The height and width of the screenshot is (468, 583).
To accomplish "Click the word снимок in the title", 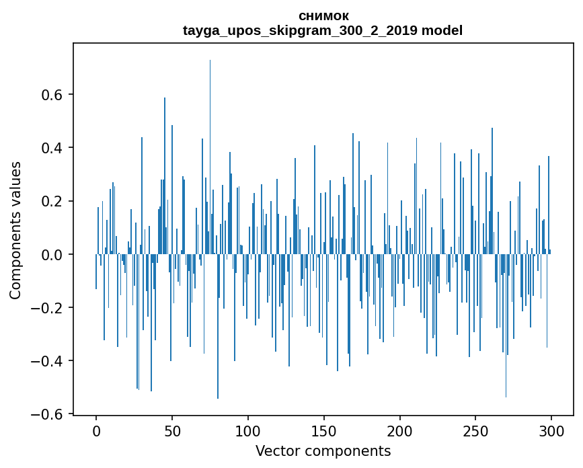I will [x=323, y=15].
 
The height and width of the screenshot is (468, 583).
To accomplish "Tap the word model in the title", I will [x=442, y=30].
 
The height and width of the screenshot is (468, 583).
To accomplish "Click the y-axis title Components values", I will [x=15, y=230].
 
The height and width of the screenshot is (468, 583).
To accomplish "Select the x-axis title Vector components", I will [x=323, y=451].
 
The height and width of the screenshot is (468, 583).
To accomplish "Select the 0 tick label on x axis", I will [x=96, y=430].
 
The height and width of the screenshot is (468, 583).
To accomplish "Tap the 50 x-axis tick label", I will [x=172, y=430].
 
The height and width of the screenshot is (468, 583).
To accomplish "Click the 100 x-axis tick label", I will [x=248, y=430].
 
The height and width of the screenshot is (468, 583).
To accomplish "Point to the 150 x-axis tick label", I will [x=323, y=430].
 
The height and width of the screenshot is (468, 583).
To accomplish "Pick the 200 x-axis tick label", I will [x=399, y=430].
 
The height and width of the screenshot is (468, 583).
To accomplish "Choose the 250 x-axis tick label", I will [x=475, y=430].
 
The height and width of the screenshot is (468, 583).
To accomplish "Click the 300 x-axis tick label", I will [x=551, y=430].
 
